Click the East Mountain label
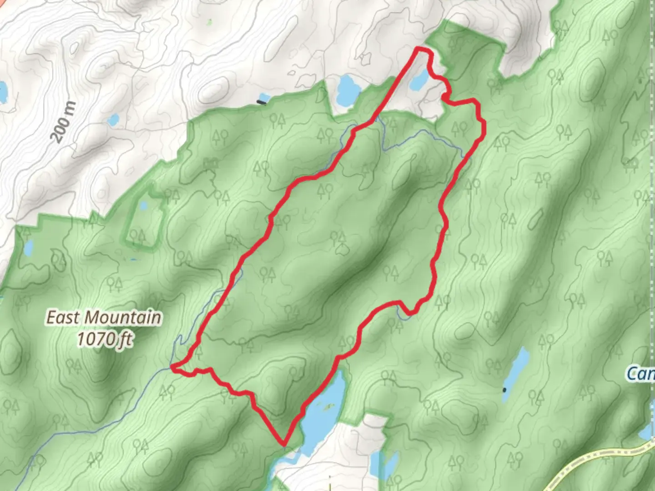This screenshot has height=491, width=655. tap(104, 317)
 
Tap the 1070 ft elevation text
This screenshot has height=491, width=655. tap(104, 339)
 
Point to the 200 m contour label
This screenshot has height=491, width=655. tap(63, 122)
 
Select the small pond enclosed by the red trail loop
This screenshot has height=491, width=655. tap(418, 80)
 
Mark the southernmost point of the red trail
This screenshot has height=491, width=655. tap(284, 443)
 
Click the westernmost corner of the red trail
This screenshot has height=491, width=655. tap(171, 366)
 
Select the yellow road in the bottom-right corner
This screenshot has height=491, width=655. tap(600, 459)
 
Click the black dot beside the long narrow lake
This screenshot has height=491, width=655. tap(504, 390)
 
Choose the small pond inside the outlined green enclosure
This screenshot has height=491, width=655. tap(143, 205)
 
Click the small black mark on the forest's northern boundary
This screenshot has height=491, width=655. tap(262, 102)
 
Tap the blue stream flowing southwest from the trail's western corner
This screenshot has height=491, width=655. tap(91, 421)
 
